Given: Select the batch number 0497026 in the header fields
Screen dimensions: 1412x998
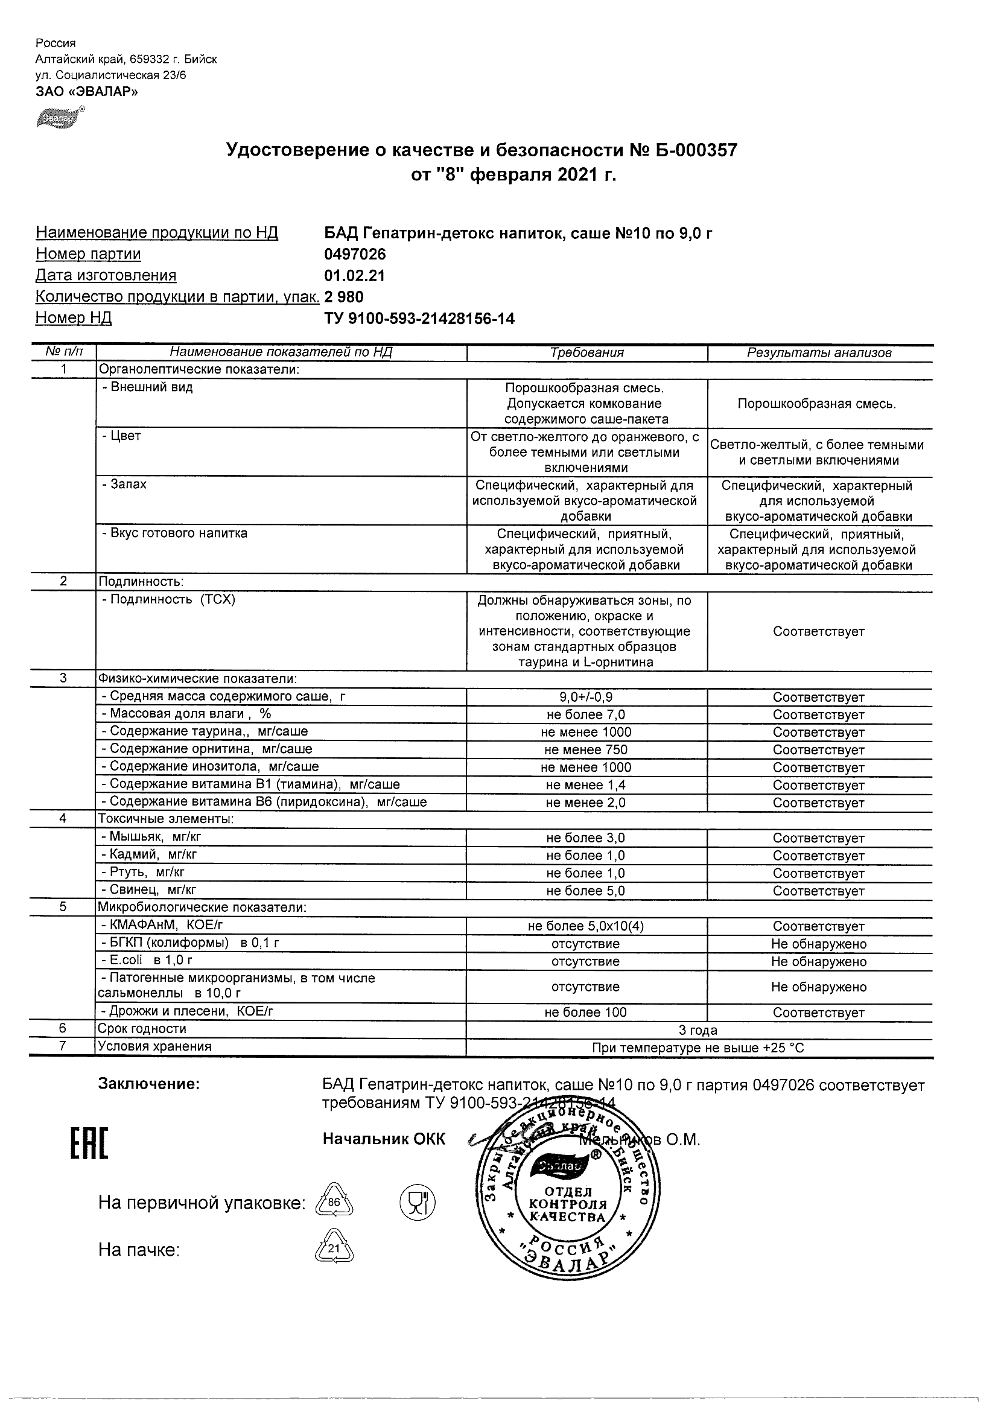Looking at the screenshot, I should point(355,254).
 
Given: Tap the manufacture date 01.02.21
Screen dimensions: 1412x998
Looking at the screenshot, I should point(354,276).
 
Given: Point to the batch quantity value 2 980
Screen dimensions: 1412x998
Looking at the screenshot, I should point(344,297).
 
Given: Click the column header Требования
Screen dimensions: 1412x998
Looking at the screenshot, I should point(586,353).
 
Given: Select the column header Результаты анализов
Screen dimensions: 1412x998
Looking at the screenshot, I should point(819,353).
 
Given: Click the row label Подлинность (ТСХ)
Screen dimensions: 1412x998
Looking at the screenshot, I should point(168,600).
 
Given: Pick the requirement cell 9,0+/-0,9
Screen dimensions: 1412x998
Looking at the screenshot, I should point(586,698).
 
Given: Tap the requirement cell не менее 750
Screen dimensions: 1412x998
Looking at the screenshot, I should point(586,749).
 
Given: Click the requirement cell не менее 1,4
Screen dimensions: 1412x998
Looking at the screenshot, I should point(586,785).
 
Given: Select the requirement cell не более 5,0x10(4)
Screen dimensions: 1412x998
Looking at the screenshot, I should point(586,926).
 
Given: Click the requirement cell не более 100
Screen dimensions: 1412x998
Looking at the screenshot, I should point(586,1013).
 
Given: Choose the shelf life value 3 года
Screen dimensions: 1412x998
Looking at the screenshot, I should point(698,1030).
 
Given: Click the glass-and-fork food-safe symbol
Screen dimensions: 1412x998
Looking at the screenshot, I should point(418,1201).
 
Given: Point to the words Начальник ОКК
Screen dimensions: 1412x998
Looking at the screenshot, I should point(384,1140).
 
